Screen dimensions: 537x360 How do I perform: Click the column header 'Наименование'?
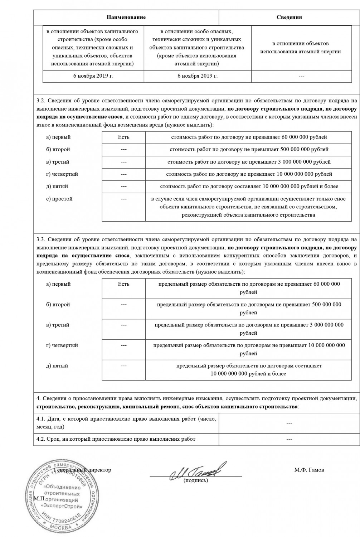click(x=126, y=17)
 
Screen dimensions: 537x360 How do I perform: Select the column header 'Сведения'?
click(x=289, y=17)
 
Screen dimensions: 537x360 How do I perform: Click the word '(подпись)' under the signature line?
click(x=195, y=480)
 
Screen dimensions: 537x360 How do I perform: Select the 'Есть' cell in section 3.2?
click(x=123, y=137)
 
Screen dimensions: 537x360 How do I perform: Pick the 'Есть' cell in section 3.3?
click(x=123, y=284)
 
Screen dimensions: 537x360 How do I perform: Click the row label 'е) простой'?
click(x=59, y=199)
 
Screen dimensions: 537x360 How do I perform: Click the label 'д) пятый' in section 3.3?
click(x=57, y=366)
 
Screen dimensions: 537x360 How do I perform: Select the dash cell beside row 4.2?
click(x=290, y=439)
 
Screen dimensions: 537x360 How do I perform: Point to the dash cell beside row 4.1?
click(x=290, y=423)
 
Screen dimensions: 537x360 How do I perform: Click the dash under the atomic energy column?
click(x=301, y=76)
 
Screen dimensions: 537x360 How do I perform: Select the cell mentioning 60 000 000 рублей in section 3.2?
click(x=249, y=137)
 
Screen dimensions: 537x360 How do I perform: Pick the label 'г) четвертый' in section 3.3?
click(x=62, y=345)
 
